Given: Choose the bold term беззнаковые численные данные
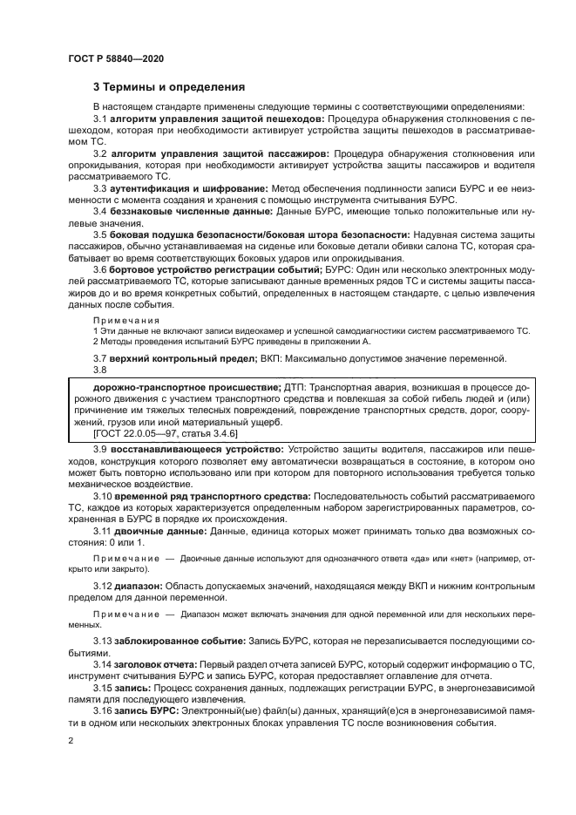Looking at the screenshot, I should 187,211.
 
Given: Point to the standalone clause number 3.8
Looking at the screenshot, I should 100,370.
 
